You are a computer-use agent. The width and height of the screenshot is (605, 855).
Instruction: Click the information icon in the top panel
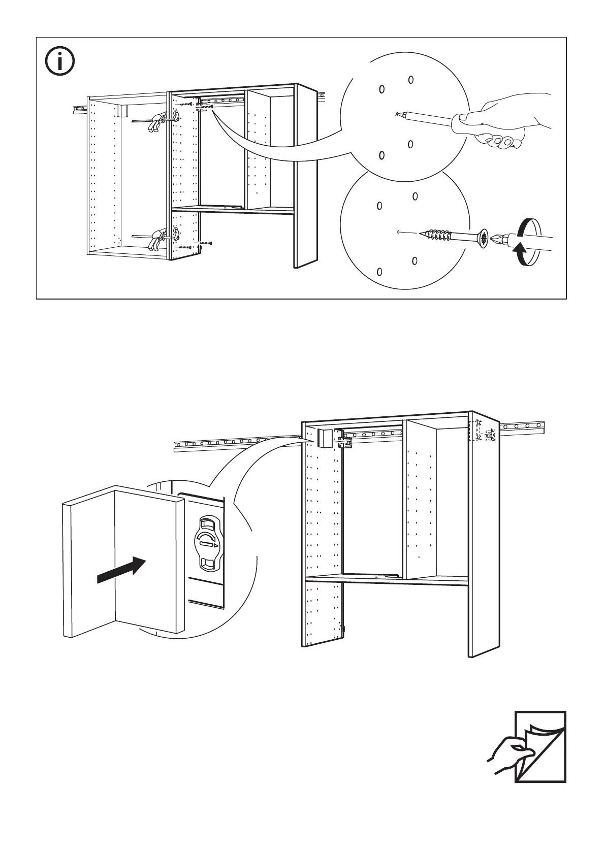pos(59,62)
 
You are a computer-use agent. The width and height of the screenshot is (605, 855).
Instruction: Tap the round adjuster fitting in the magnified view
pos(209,544)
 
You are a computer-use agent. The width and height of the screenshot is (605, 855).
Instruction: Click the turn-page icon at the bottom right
pos(540,753)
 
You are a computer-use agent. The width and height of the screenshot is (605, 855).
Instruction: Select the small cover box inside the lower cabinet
pos(324,438)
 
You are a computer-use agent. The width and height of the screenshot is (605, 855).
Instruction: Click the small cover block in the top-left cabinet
pos(121,111)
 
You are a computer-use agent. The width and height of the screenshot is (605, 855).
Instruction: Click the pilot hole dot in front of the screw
pos(399,233)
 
